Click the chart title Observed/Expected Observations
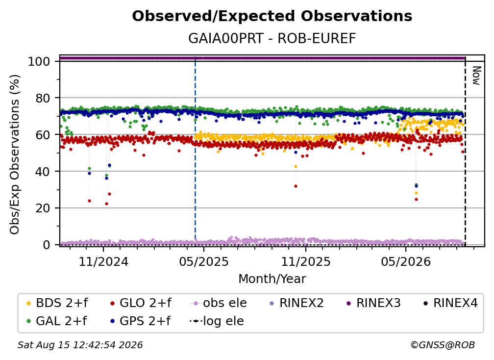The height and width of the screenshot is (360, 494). point(272,16)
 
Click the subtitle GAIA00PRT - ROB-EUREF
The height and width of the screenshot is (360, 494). point(272,39)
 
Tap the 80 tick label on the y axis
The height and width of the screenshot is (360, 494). point(43,98)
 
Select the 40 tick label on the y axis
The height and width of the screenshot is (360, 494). point(43,172)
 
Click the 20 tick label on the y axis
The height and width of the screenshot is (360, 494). point(43,208)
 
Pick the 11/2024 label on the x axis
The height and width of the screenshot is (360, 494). point(103,261)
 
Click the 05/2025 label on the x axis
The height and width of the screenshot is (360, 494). point(204,261)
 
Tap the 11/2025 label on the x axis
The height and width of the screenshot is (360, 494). point(306,261)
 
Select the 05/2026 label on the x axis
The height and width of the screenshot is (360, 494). point(406,261)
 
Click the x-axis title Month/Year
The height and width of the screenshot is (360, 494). point(272,279)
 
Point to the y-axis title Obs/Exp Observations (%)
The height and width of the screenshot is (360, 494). point(15,154)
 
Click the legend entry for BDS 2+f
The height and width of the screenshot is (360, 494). point(57,303)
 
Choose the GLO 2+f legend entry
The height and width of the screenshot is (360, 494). point(141,303)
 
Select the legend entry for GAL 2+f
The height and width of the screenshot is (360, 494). point(56,321)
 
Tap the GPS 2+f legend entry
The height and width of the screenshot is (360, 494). point(140,321)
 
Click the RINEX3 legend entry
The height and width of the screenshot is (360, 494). point(373,303)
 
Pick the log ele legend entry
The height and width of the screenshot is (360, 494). point(217,321)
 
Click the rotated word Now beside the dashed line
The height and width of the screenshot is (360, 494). point(476,76)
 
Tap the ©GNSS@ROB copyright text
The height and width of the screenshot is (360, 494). point(443,345)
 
